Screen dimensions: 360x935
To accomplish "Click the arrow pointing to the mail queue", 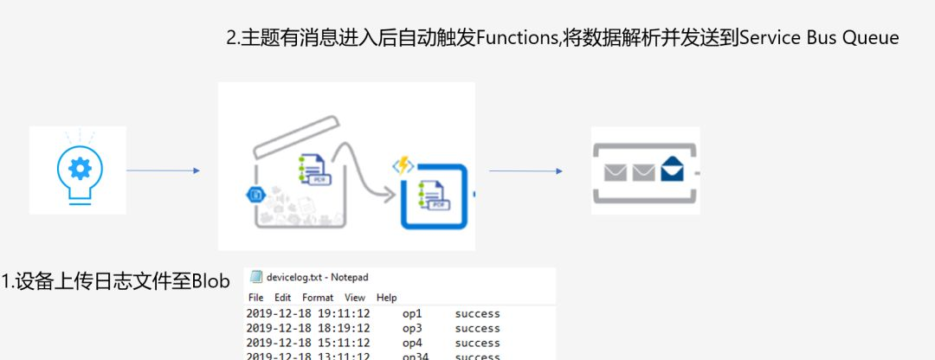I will click(x=526, y=170).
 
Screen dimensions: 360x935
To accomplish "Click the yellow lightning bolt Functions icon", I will click(x=403, y=165).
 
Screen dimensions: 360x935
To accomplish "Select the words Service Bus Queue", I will click(x=819, y=39).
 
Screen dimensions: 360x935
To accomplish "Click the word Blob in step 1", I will click(x=210, y=281).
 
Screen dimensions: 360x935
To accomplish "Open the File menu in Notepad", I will click(x=255, y=298).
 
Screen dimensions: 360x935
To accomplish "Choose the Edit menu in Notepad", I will click(x=281, y=298).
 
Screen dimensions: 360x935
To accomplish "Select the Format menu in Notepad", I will click(x=318, y=298).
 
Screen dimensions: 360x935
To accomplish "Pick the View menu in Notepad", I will click(x=355, y=298).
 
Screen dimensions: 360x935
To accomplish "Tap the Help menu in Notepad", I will click(x=386, y=298).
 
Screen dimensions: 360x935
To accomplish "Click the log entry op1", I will click(x=411, y=313).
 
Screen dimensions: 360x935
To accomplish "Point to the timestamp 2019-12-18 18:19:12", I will click(x=308, y=328).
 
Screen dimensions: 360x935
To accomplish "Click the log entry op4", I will click(x=411, y=343).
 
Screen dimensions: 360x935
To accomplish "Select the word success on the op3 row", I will click(x=477, y=328).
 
